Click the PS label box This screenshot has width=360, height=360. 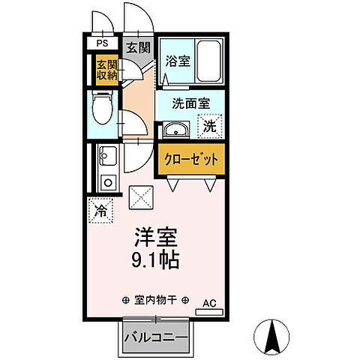pyautogui.click(x=101, y=44)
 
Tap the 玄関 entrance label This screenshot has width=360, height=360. pyautogui.click(x=137, y=47)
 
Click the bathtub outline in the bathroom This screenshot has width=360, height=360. pyautogui.click(x=208, y=61)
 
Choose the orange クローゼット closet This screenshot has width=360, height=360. pyautogui.click(x=190, y=159)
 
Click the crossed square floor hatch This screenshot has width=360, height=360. pyautogui.click(x=141, y=197)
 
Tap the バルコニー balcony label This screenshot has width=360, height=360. pyautogui.click(x=155, y=339)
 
